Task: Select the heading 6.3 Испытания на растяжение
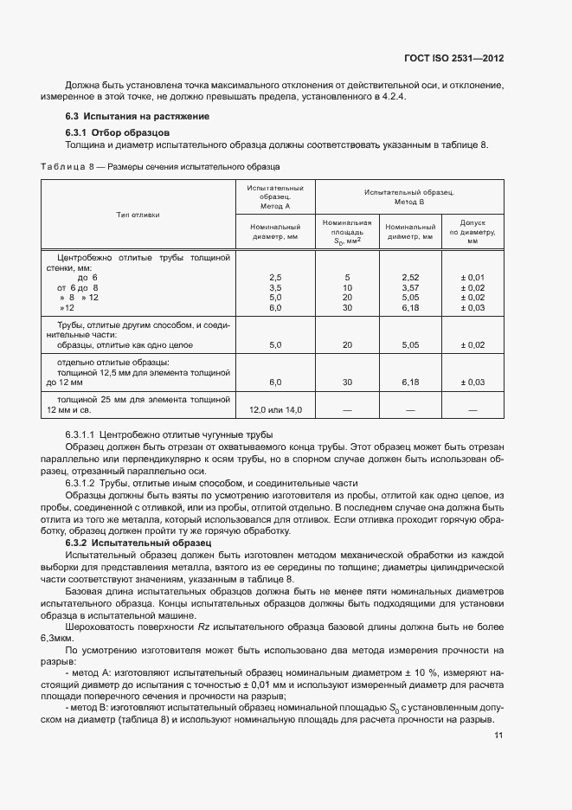click(137, 116)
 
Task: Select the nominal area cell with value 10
click(347, 287)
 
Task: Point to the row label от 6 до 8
click(78, 287)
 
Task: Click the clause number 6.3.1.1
click(80, 434)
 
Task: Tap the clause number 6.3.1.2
click(80, 482)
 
